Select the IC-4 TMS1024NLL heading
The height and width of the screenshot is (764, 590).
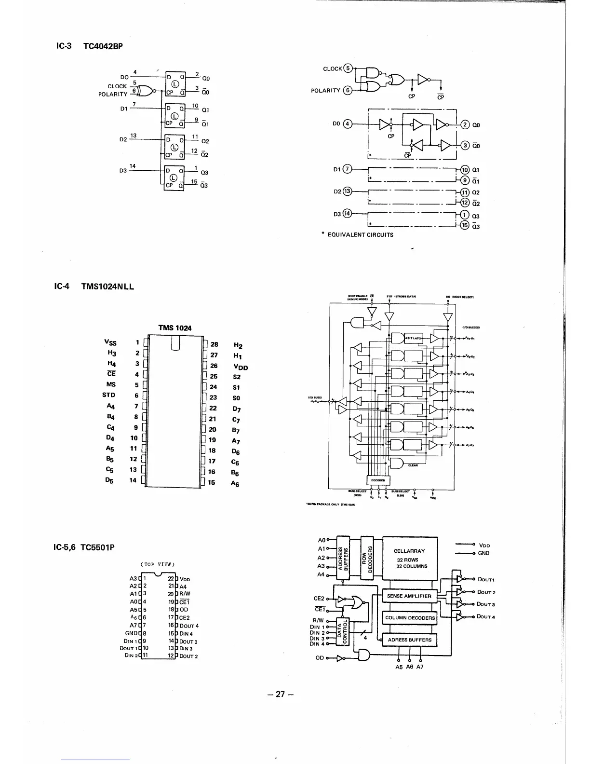[94, 286]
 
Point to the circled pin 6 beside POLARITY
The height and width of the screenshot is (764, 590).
[347, 90]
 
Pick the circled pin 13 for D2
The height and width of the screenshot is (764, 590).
[348, 191]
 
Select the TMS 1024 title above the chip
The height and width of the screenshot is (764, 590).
[174, 328]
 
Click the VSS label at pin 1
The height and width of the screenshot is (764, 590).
[110, 342]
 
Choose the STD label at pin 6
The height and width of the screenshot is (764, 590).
[109, 395]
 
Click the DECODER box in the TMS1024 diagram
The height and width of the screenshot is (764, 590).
[378, 480]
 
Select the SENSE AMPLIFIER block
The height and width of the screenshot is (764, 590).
[409, 596]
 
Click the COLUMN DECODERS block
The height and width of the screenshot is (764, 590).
[410, 618]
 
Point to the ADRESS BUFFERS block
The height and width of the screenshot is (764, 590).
[409, 640]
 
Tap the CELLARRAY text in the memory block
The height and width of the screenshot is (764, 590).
[409, 551]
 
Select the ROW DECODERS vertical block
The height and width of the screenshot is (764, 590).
[367, 557]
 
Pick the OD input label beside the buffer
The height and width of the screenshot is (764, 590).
[320, 658]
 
